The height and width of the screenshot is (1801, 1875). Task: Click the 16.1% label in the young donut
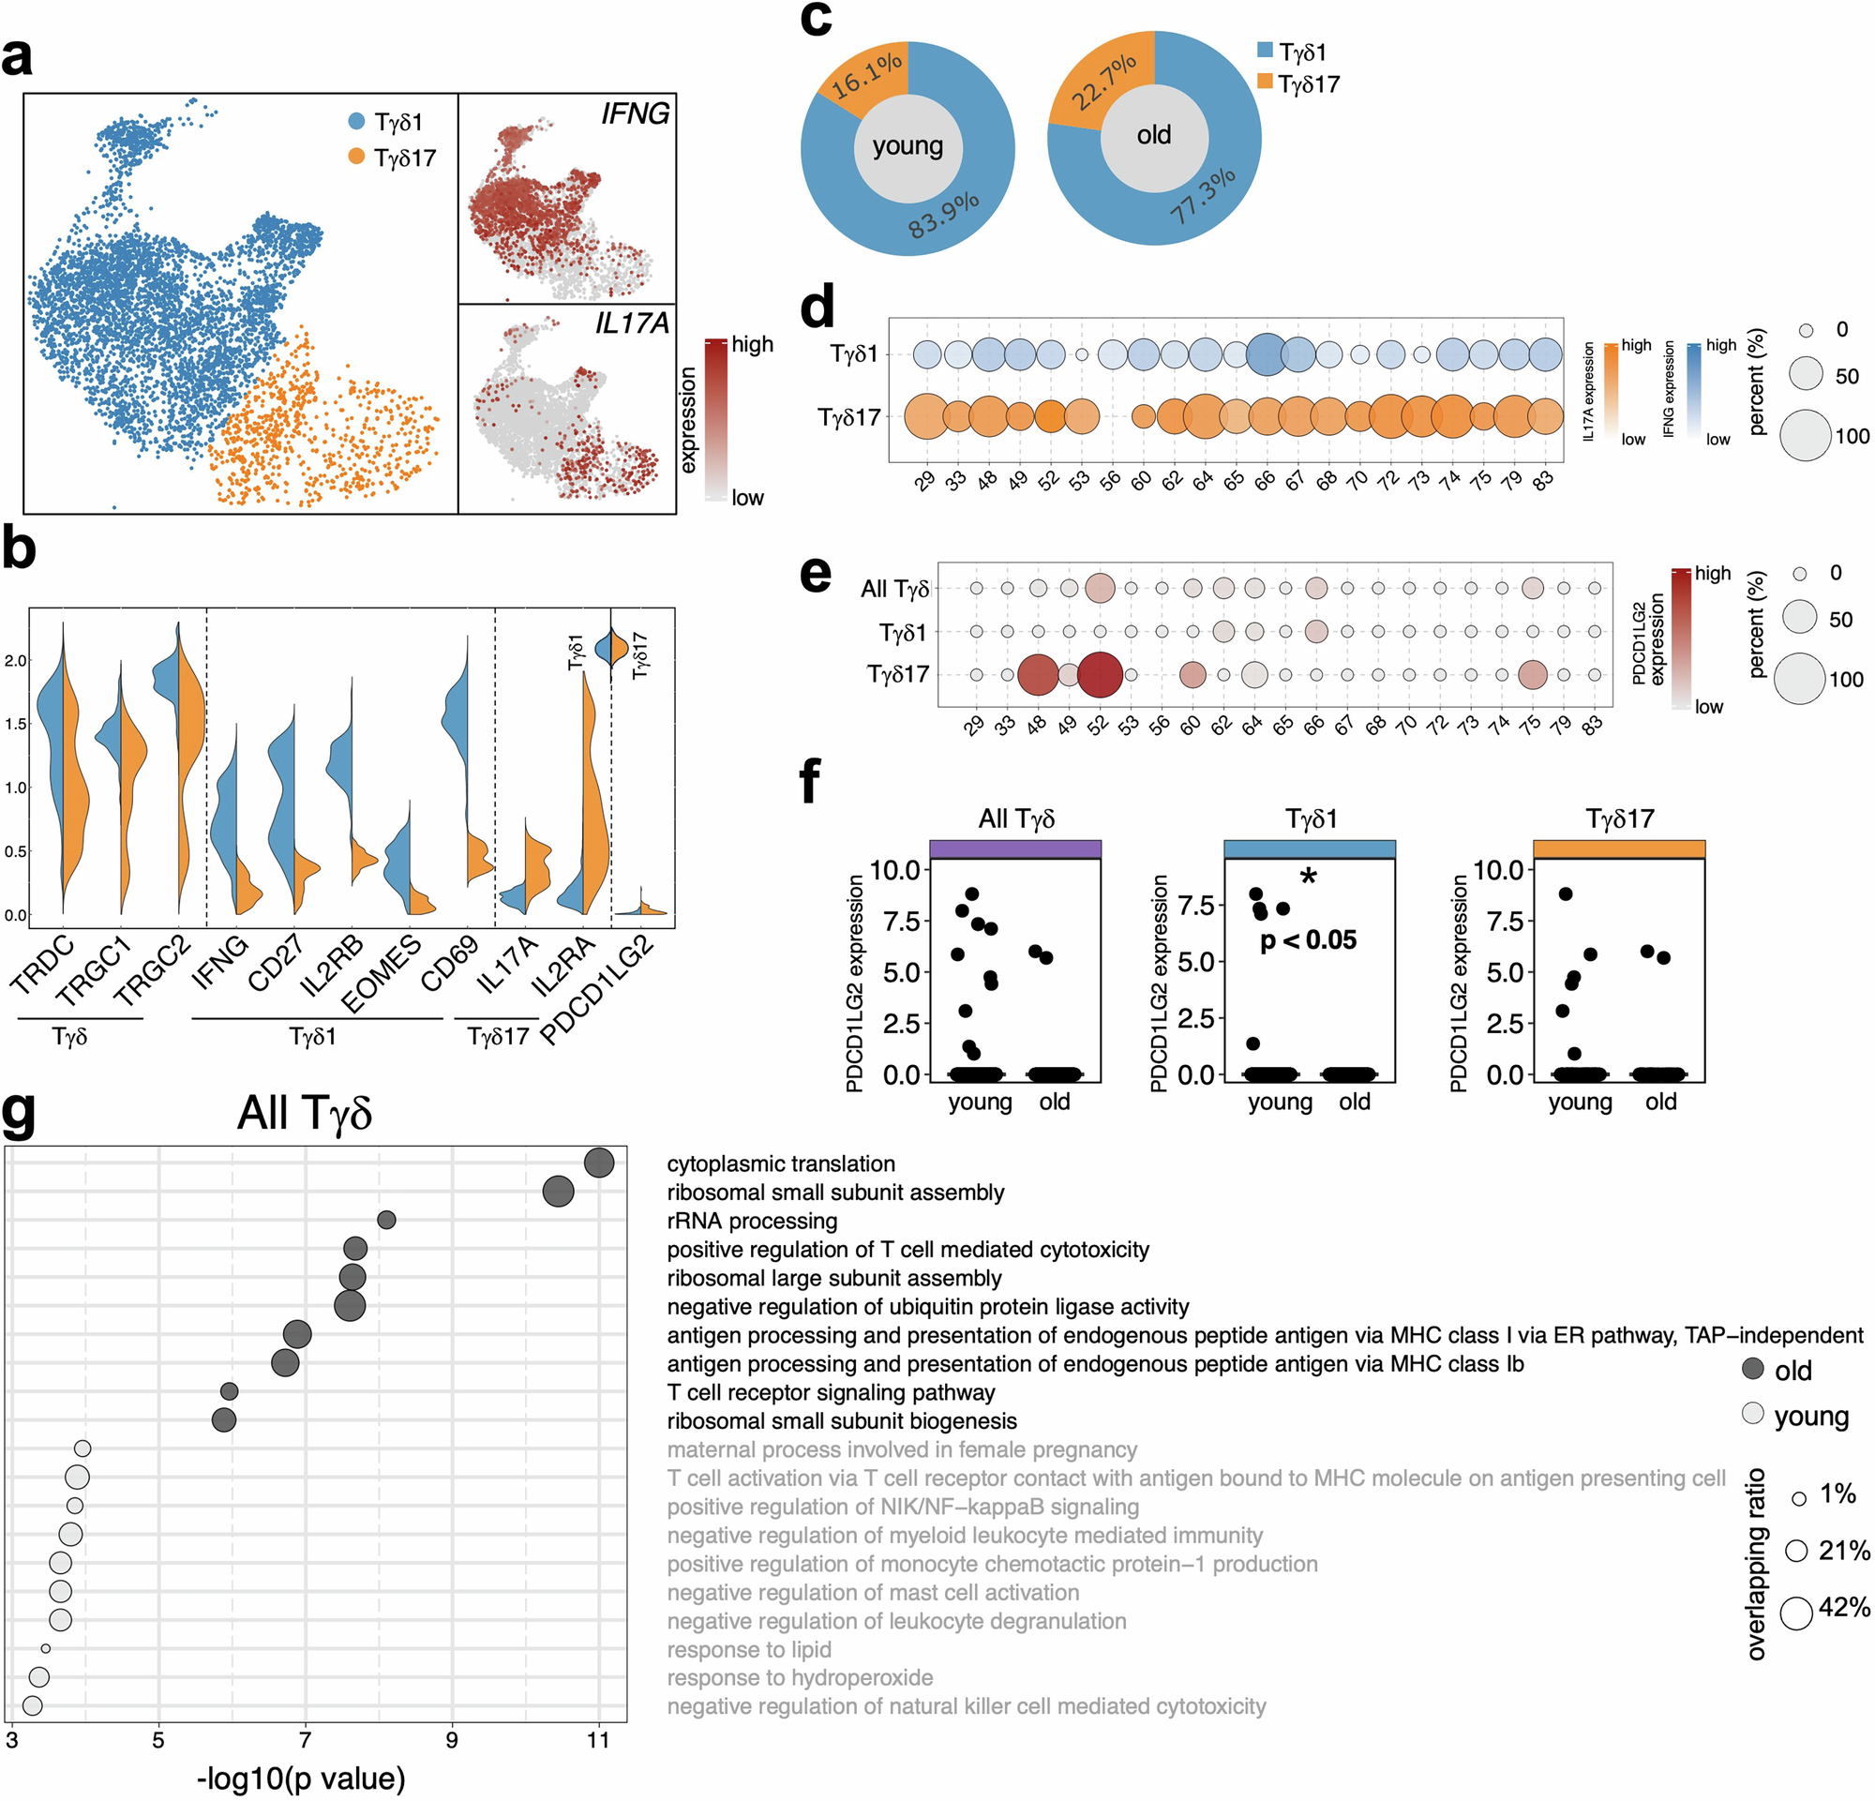[865, 76]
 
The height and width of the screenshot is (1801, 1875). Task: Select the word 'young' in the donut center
[907, 146]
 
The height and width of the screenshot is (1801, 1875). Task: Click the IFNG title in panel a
[635, 113]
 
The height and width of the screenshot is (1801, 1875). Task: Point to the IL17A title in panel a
[631, 323]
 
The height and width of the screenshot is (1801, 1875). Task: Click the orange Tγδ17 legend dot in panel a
[357, 156]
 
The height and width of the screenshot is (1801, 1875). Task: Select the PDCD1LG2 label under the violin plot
[598, 990]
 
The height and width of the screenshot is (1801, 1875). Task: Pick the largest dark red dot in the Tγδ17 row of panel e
[1099, 674]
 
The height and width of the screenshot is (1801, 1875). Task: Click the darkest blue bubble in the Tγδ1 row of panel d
[1267, 353]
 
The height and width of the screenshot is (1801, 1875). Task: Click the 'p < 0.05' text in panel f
[1308, 940]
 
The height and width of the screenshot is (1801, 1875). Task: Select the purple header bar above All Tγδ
[1015, 848]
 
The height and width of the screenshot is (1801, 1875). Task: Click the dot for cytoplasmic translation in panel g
[599, 1163]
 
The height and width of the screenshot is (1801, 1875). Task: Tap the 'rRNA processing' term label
[752, 1221]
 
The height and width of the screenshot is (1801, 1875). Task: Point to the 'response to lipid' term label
[749, 1649]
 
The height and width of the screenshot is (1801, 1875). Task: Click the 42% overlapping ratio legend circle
[1795, 1613]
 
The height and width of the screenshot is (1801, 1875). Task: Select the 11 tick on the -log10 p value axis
[599, 1740]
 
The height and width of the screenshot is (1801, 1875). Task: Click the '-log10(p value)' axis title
[301, 1778]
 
